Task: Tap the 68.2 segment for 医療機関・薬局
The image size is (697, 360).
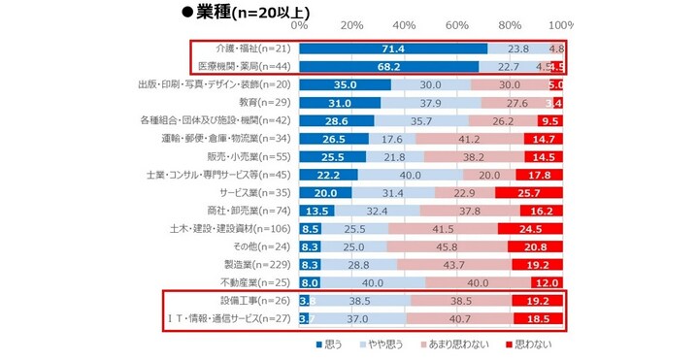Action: (x=388, y=67)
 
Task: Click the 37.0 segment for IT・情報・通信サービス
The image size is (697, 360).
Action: (x=358, y=319)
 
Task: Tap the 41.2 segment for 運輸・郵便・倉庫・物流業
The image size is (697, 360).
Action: (x=462, y=139)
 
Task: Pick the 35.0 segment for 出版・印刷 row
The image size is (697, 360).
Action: (x=346, y=85)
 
